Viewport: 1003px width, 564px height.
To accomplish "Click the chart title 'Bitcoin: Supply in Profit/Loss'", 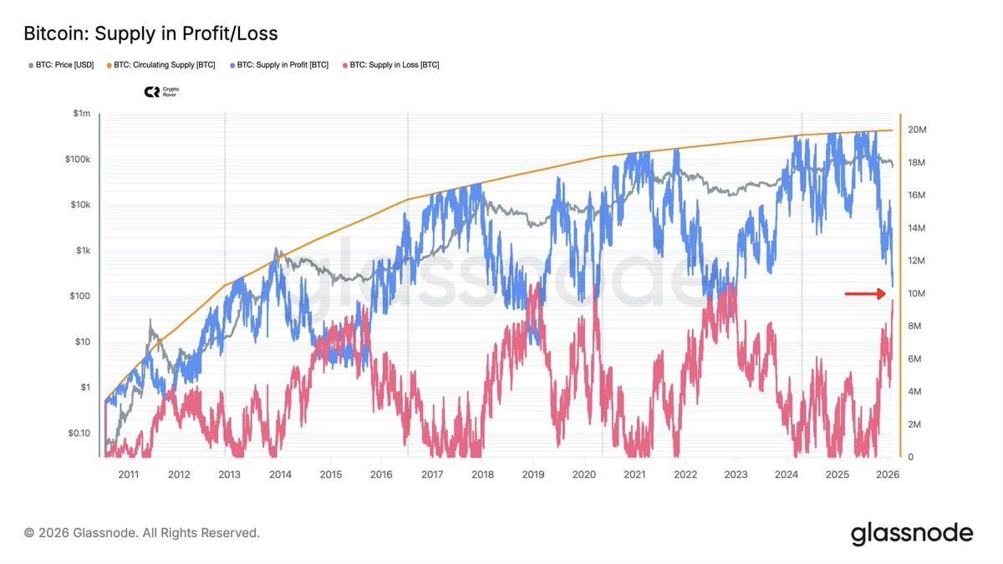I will (x=150, y=34).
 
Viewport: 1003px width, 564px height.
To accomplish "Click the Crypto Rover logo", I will (x=161, y=92).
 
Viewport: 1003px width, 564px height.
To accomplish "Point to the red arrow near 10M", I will (x=864, y=293).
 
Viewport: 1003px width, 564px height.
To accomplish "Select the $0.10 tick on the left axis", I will (x=80, y=433).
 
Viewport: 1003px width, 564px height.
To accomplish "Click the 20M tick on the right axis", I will (x=917, y=130).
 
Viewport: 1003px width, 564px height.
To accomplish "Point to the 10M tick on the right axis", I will (x=917, y=294).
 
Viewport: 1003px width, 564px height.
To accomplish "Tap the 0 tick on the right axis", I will (x=911, y=458).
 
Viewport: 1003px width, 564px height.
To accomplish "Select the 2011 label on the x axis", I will (x=128, y=474).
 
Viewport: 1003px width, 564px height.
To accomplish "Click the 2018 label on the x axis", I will (x=482, y=474).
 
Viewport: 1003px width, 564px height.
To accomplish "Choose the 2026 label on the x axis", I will (x=887, y=474).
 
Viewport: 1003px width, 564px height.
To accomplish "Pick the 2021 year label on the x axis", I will (x=634, y=474).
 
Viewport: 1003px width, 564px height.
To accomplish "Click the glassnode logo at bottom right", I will (x=912, y=533).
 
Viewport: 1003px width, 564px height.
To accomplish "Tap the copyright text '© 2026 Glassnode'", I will (x=142, y=532).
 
